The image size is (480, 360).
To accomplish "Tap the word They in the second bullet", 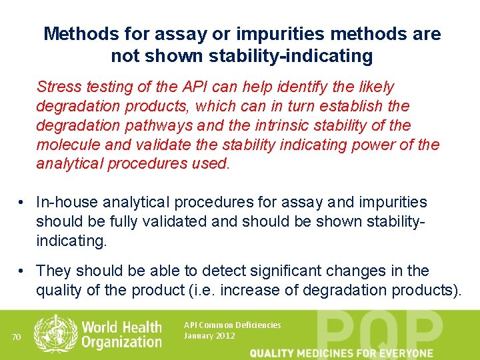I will click(54, 271).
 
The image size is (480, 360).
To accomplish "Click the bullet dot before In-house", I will click(23, 202).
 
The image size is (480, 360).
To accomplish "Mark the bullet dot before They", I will click(23, 271).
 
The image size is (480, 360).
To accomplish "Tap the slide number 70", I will click(17, 337).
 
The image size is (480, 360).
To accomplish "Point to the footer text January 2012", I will click(209, 336).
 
